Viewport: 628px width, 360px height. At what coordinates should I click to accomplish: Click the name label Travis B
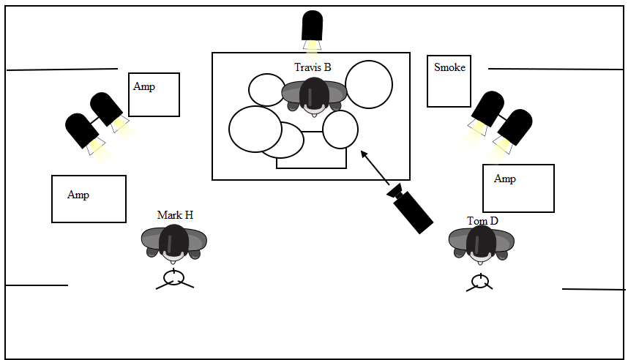[313, 68]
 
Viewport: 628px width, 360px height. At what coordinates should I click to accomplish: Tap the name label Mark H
[175, 215]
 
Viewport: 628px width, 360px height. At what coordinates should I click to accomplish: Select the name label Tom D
[482, 221]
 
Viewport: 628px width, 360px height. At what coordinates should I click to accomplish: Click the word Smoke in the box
[449, 67]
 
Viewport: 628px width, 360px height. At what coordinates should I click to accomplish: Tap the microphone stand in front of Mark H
[174, 279]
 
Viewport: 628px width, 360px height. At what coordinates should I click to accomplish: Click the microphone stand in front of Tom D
[479, 282]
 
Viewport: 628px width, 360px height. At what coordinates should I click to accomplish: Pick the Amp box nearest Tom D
[518, 188]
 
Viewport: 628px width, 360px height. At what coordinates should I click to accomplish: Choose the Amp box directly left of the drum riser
[154, 94]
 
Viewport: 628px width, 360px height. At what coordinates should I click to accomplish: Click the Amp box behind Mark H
[89, 198]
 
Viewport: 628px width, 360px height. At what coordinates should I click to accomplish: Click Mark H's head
[174, 241]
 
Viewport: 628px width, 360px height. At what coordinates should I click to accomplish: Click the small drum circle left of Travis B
[266, 90]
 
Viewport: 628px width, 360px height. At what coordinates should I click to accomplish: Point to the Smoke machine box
[449, 80]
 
